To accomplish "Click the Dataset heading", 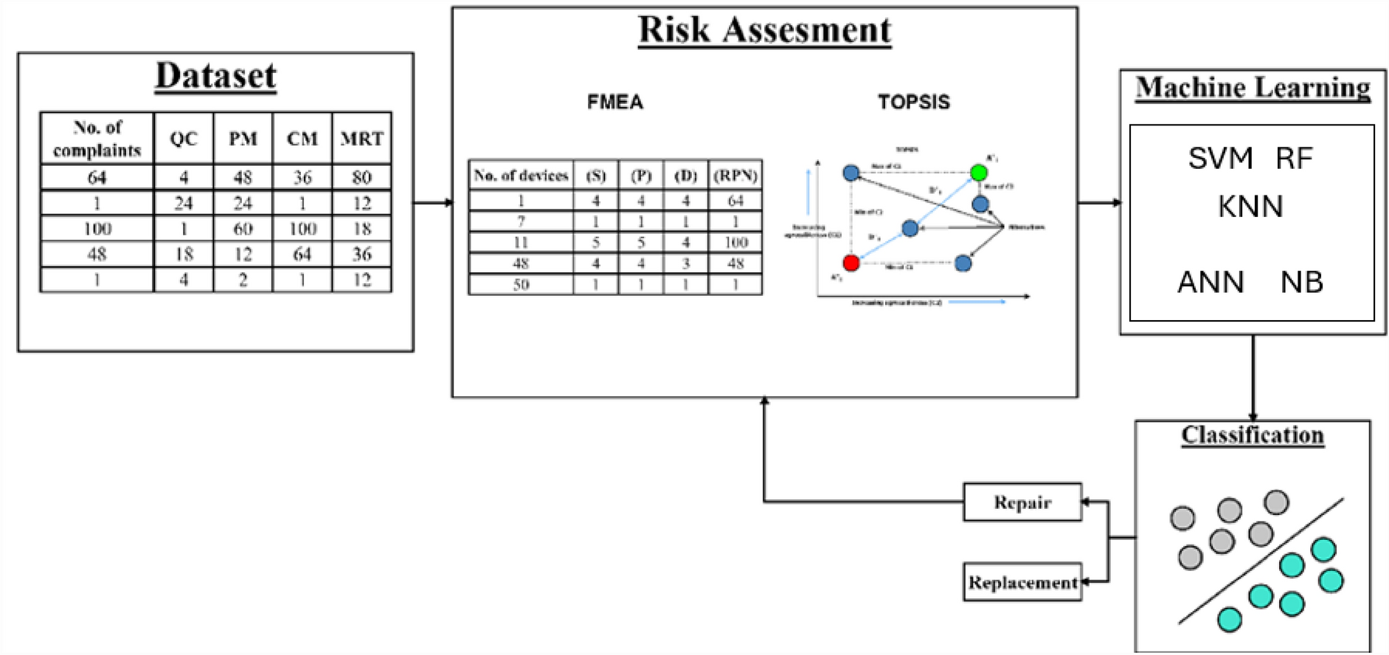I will coord(215,76).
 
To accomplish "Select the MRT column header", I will coord(361,138).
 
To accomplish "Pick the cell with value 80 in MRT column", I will coord(361,177).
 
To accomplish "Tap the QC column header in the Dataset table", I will coord(184,138).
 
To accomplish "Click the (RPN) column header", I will coord(735,176).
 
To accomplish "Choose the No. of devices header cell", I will coord(521,176).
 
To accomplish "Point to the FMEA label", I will coord(614,102).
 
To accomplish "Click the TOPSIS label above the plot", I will coord(913,102).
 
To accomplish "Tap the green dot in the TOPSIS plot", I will coord(978,173).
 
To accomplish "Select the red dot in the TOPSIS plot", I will coord(851,263).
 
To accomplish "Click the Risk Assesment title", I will coord(764,30).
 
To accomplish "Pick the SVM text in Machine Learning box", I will coord(1220,159).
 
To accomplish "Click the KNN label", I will coord(1250,207).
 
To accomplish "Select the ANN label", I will coord(1210,282).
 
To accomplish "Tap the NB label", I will coord(1301,282).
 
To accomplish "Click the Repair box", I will coord(1022,502).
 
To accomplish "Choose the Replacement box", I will coord(1022,582).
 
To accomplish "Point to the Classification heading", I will coord(1252,435).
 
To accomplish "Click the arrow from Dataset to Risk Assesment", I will coord(433,202).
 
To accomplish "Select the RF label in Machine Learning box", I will coord(1295,159).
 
